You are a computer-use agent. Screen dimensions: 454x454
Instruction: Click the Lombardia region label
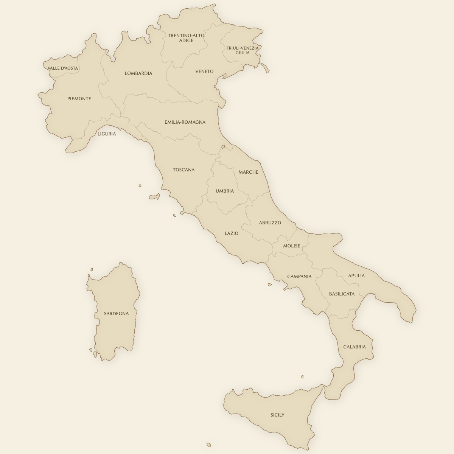coord(138,73)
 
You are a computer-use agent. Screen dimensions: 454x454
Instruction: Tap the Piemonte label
coord(79,99)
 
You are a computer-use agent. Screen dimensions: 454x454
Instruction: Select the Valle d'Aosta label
coord(63,68)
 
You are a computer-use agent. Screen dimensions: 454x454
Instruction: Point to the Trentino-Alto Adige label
coord(186,38)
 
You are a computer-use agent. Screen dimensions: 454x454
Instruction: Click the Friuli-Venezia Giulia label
coord(243,50)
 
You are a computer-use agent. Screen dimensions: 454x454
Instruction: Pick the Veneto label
coord(204,72)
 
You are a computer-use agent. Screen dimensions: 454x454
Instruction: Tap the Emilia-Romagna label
coord(185,122)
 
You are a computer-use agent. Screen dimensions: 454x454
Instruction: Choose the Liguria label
coord(107,134)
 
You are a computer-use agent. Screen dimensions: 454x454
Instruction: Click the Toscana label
coord(184,170)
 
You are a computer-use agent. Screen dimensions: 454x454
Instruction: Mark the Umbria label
coord(225,191)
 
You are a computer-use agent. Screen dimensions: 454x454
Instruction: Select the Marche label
coord(248,172)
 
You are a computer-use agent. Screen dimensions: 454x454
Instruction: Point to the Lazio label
coord(232,233)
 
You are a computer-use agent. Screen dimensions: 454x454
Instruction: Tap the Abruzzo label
coord(270,223)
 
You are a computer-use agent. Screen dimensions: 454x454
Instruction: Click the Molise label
coord(292,246)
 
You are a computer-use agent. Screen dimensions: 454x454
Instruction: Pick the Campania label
coord(299,277)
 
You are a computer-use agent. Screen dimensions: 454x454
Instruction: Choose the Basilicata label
coord(342,294)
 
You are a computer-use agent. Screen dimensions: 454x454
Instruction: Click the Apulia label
coord(356,276)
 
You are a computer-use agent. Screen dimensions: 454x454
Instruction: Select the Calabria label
coord(354,347)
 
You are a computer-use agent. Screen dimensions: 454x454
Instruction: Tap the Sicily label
coord(277,415)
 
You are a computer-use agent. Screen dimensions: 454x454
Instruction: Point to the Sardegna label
coord(117,314)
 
